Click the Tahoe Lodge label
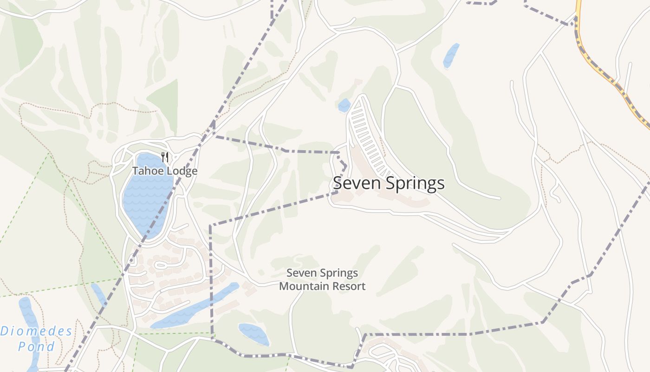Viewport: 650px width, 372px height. pyautogui.click(x=165, y=171)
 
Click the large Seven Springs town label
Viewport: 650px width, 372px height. pyautogui.click(x=389, y=183)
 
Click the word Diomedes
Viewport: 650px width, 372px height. pyautogui.click(x=36, y=332)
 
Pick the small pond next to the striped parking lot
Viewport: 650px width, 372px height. pyautogui.click(x=344, y=106)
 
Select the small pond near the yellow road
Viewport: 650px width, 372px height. pyautogui.click(x=451, y=56)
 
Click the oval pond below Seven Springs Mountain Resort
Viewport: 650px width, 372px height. pyautogui.click(x=253, y=334)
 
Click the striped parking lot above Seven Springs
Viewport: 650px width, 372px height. pyautogui.click(x=367, y=135)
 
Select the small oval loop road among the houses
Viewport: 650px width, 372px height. pyautogui.click(x=160, y=266)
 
